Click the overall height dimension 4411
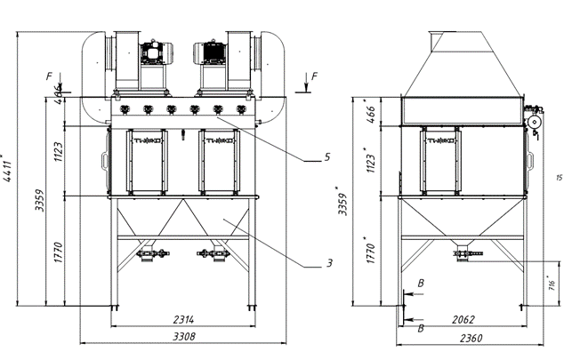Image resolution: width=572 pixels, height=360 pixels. (x=9, y=169)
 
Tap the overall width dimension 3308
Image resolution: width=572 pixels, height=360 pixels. (x=184, y=336)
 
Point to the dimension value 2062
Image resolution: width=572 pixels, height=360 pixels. (x=460, y=318)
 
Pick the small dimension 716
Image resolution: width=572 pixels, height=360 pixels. (x=552, y=284)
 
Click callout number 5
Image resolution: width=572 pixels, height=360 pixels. (x=328, y=157)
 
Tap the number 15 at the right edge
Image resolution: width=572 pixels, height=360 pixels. (x=558, y=179)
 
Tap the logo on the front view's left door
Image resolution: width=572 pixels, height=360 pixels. (x=145, y=140)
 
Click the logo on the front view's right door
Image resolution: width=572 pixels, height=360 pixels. (x=218, y=140)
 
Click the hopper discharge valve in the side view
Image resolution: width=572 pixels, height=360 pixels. (x=461, y=255)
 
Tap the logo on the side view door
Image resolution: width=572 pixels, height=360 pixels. (x=441, y=140)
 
